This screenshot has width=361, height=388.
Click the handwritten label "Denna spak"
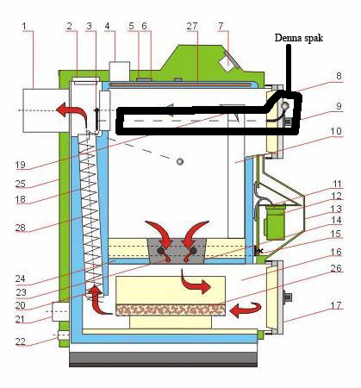(x=299, y=38)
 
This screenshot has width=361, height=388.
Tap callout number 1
(x=24, y=26)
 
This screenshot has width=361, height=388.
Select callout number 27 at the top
(x=192, y=26)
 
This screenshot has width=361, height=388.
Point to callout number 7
(x=221, y=26)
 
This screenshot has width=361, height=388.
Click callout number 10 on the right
(x=336, y=131)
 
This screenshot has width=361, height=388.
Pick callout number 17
(x=336, y=305)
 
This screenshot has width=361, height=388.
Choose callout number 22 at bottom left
(x=21, y=341)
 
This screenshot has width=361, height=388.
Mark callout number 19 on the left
(x=21, y=165)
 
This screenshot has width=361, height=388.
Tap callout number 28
(x=21, y=228)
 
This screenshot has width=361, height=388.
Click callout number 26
(x=336, y=268)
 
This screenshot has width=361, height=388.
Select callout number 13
(x=336, y=209)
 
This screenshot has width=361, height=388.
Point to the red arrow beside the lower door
(x=246, y=310)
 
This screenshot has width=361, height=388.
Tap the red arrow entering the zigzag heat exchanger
(x=96, y=299)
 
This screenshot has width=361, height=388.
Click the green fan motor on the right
(x=274, y=222)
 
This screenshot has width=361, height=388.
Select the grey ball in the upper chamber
(x=180, y=161)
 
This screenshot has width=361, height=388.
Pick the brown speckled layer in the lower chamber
(x=171, y=310)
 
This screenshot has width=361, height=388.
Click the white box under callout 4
(x=120, y=72)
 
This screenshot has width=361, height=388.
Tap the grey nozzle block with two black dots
(x=177, y=251)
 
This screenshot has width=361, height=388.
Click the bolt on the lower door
(x=288, y=297)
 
